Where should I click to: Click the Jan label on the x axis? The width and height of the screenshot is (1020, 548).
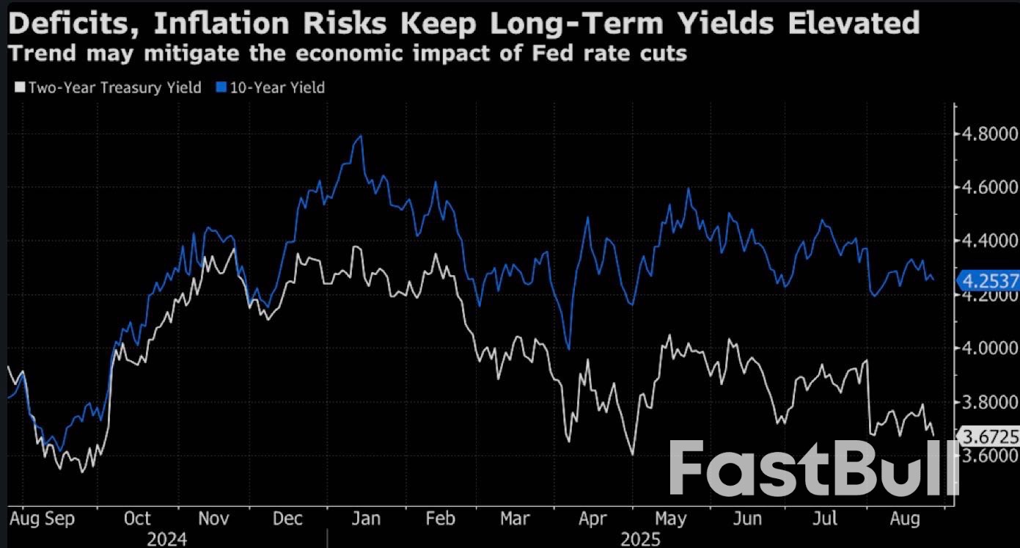click(x=365, y=519)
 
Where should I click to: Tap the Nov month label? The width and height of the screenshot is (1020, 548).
click(x=213, y=519)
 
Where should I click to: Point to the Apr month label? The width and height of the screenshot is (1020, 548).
click(x=592, y=519)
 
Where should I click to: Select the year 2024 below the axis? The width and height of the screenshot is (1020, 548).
click(x=166, y=540)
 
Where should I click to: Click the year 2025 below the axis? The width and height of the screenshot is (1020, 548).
click(x=640, y=540)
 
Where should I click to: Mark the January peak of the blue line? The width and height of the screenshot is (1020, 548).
click(x=360, y=136)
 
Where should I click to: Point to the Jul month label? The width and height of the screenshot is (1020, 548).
click(x=825, y=519)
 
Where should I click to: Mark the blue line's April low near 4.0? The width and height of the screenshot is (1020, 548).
click(x=568, y=348)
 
